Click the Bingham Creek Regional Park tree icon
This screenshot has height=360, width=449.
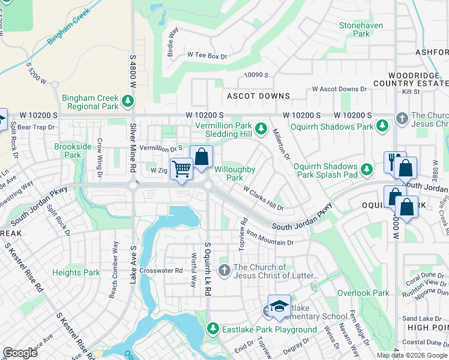click(127, 101)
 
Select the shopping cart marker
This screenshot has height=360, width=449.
click(181, 169)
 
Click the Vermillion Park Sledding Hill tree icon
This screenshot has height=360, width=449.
click(261, 128)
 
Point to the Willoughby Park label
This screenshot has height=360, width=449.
click(235, 173)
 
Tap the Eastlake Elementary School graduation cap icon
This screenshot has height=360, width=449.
click(279, 306)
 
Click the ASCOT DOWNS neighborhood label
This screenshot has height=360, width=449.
click(258, 96)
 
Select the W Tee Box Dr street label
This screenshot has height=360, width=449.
click(207, 56)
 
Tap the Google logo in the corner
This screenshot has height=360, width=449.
click(20, 353)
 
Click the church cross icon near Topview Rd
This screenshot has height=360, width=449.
click(224, 271)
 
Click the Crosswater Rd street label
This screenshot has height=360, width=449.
click(160, 271)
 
